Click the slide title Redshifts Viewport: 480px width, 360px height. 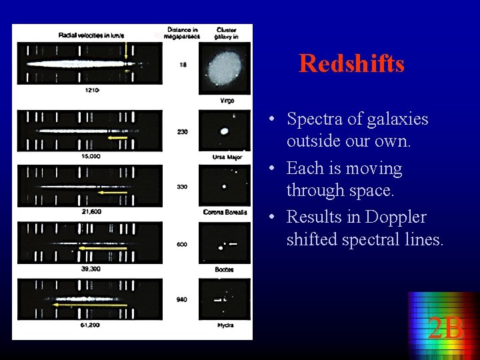click(x=351, y=64)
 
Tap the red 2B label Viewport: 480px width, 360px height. click(x=445, y=328)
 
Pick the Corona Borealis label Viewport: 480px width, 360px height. click(x=225, y=212)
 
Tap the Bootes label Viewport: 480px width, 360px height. click(x=225, y=269)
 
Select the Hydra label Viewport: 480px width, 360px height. click(x=225, y=325)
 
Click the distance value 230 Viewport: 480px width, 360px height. click(x=182, y=132)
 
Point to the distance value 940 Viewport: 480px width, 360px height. click(x=182, y=300)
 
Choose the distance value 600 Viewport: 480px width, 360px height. click(x=182, y=244)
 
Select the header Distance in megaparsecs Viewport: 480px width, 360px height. click(x=182, y=33)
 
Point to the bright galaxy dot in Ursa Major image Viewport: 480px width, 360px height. click(x=225, y=132)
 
